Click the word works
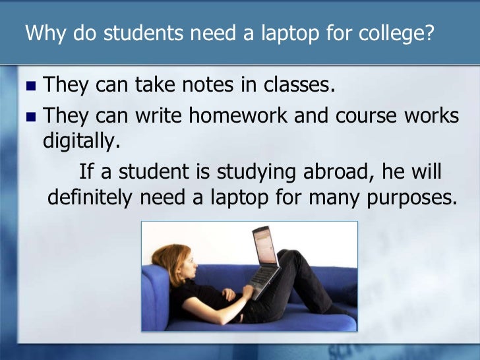[x=431, y=115]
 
